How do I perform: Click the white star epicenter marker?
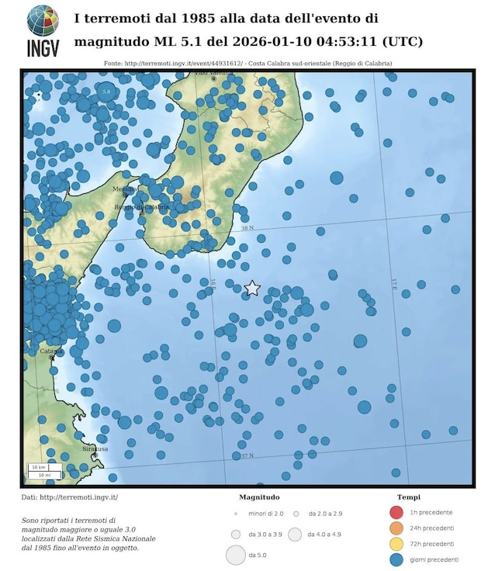[x=252, y=289]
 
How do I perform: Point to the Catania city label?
[x=51, y=351]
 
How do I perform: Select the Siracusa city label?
[x=95, y=448]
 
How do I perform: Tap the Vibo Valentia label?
[x=211, y=73]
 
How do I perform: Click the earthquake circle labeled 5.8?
[x=107, y=92]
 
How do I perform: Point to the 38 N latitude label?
[x=247, y=228]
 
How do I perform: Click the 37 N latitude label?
[x=247, y=455]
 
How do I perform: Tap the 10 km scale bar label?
[x=36, y=468]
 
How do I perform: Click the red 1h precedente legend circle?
[x=396, y=512]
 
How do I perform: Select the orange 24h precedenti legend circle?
[x=396, y=528]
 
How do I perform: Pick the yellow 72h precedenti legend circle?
[x=396, y=543]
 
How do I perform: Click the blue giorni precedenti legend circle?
[x=396, y=559]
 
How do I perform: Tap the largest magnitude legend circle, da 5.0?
[x=235, y=555]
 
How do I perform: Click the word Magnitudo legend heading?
[x=259, y=497]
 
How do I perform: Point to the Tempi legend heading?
[x=410, y=497]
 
